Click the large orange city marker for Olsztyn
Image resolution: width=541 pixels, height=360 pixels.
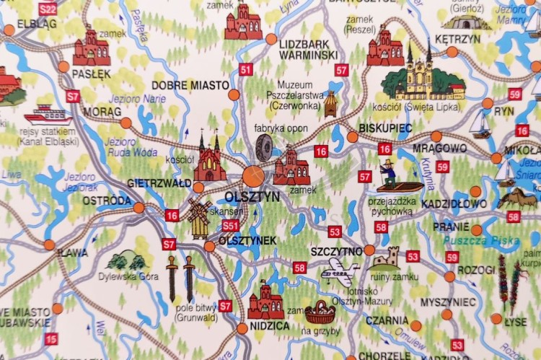coord(253,175)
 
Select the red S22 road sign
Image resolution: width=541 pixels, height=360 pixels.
coord(48,9)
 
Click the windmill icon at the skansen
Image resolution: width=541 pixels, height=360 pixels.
coord(198,217)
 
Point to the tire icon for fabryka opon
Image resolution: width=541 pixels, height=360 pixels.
coord(264,148)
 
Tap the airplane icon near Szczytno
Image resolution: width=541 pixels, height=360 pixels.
coord(339,272)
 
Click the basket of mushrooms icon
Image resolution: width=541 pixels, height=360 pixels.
coord(320,312)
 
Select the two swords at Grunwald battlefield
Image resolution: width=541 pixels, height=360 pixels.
coord(180,278)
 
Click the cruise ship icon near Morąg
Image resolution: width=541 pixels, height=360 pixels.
coord(48,115)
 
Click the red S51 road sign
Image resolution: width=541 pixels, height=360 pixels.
coord(230,226)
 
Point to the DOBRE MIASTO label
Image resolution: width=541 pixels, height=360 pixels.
coord(181,85)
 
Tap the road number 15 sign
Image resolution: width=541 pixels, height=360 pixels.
coord(50,338)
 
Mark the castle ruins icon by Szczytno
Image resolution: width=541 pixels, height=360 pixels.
coord(387,258)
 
